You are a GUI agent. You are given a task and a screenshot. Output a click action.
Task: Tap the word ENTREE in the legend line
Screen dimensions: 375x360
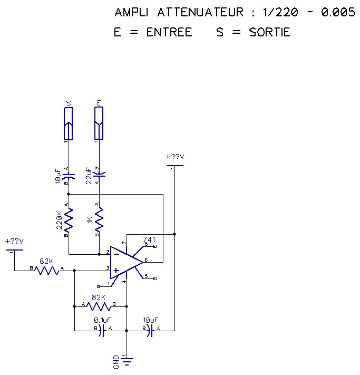(169, 32)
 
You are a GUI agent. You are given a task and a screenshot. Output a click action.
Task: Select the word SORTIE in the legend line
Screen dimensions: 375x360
(269, 32)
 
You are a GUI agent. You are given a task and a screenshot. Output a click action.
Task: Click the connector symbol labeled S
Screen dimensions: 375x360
(68, 123)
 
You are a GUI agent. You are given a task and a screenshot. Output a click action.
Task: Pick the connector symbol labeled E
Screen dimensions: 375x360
(99, 123)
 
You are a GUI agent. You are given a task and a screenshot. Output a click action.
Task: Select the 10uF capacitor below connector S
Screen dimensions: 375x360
(69, 174)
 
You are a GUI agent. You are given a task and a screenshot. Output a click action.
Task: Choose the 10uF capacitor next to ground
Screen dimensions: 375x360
(151, 331)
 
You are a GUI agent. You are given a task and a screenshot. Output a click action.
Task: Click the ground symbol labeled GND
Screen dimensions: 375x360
(127, 361)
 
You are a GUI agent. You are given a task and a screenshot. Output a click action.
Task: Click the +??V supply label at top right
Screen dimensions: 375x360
(174, 157)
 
